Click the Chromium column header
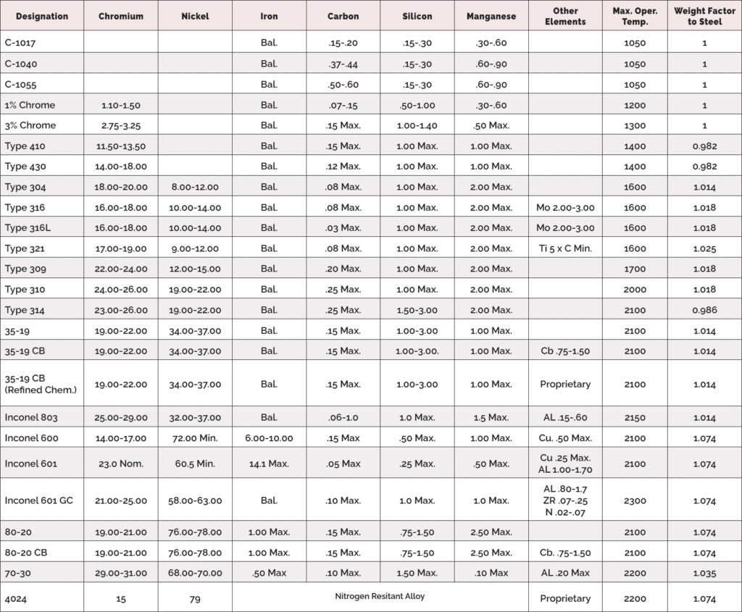coord(120,16)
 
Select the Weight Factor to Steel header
coord(704,16)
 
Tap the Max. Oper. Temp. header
coord(634,16)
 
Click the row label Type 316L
coord(26,228)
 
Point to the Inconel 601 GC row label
coord(38,500)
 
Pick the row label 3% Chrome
coord(30,125)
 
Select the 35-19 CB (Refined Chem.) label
coord(40,385)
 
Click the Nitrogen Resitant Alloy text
coord(380,597)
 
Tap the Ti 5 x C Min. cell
coord(565,248)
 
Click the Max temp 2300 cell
coord(634,500)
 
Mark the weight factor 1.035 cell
coord(704,573)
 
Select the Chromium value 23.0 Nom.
coord(120,464)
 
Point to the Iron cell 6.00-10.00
coord(269,438)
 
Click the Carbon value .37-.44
coord(343,64)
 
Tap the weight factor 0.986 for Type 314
coord(704,310)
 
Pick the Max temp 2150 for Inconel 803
coord(634,417)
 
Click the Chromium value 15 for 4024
coord(120,599)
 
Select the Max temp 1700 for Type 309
coord(634,269)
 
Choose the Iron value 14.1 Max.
coord(269,464)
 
